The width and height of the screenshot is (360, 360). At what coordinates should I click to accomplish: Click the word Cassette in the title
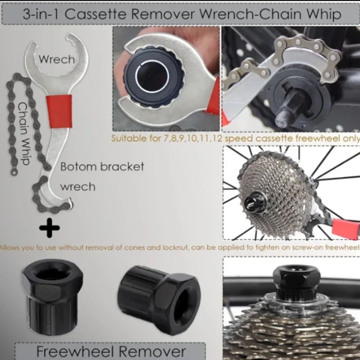tap(95, 14)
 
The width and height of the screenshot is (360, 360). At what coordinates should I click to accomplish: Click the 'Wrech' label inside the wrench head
tap(57, 59)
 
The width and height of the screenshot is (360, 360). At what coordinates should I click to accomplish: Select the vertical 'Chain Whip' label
tap(24, 133)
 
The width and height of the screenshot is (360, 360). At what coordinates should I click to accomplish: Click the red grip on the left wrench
tap(59, 111)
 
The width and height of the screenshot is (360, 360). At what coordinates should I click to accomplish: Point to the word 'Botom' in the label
tap(78, 166)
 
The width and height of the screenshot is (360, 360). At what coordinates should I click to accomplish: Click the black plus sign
tap(49, 228)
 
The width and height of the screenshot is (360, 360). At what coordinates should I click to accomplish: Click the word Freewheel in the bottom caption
tap(75, 351)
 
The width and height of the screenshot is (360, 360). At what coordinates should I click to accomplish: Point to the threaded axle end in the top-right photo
tap(283, 119)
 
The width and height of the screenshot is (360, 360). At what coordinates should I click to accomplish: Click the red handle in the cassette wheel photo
tap(346, 228)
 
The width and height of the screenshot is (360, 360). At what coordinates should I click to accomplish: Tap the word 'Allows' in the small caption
tap(9, 248)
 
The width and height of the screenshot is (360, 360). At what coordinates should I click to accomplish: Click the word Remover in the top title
tap(162, 14)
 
